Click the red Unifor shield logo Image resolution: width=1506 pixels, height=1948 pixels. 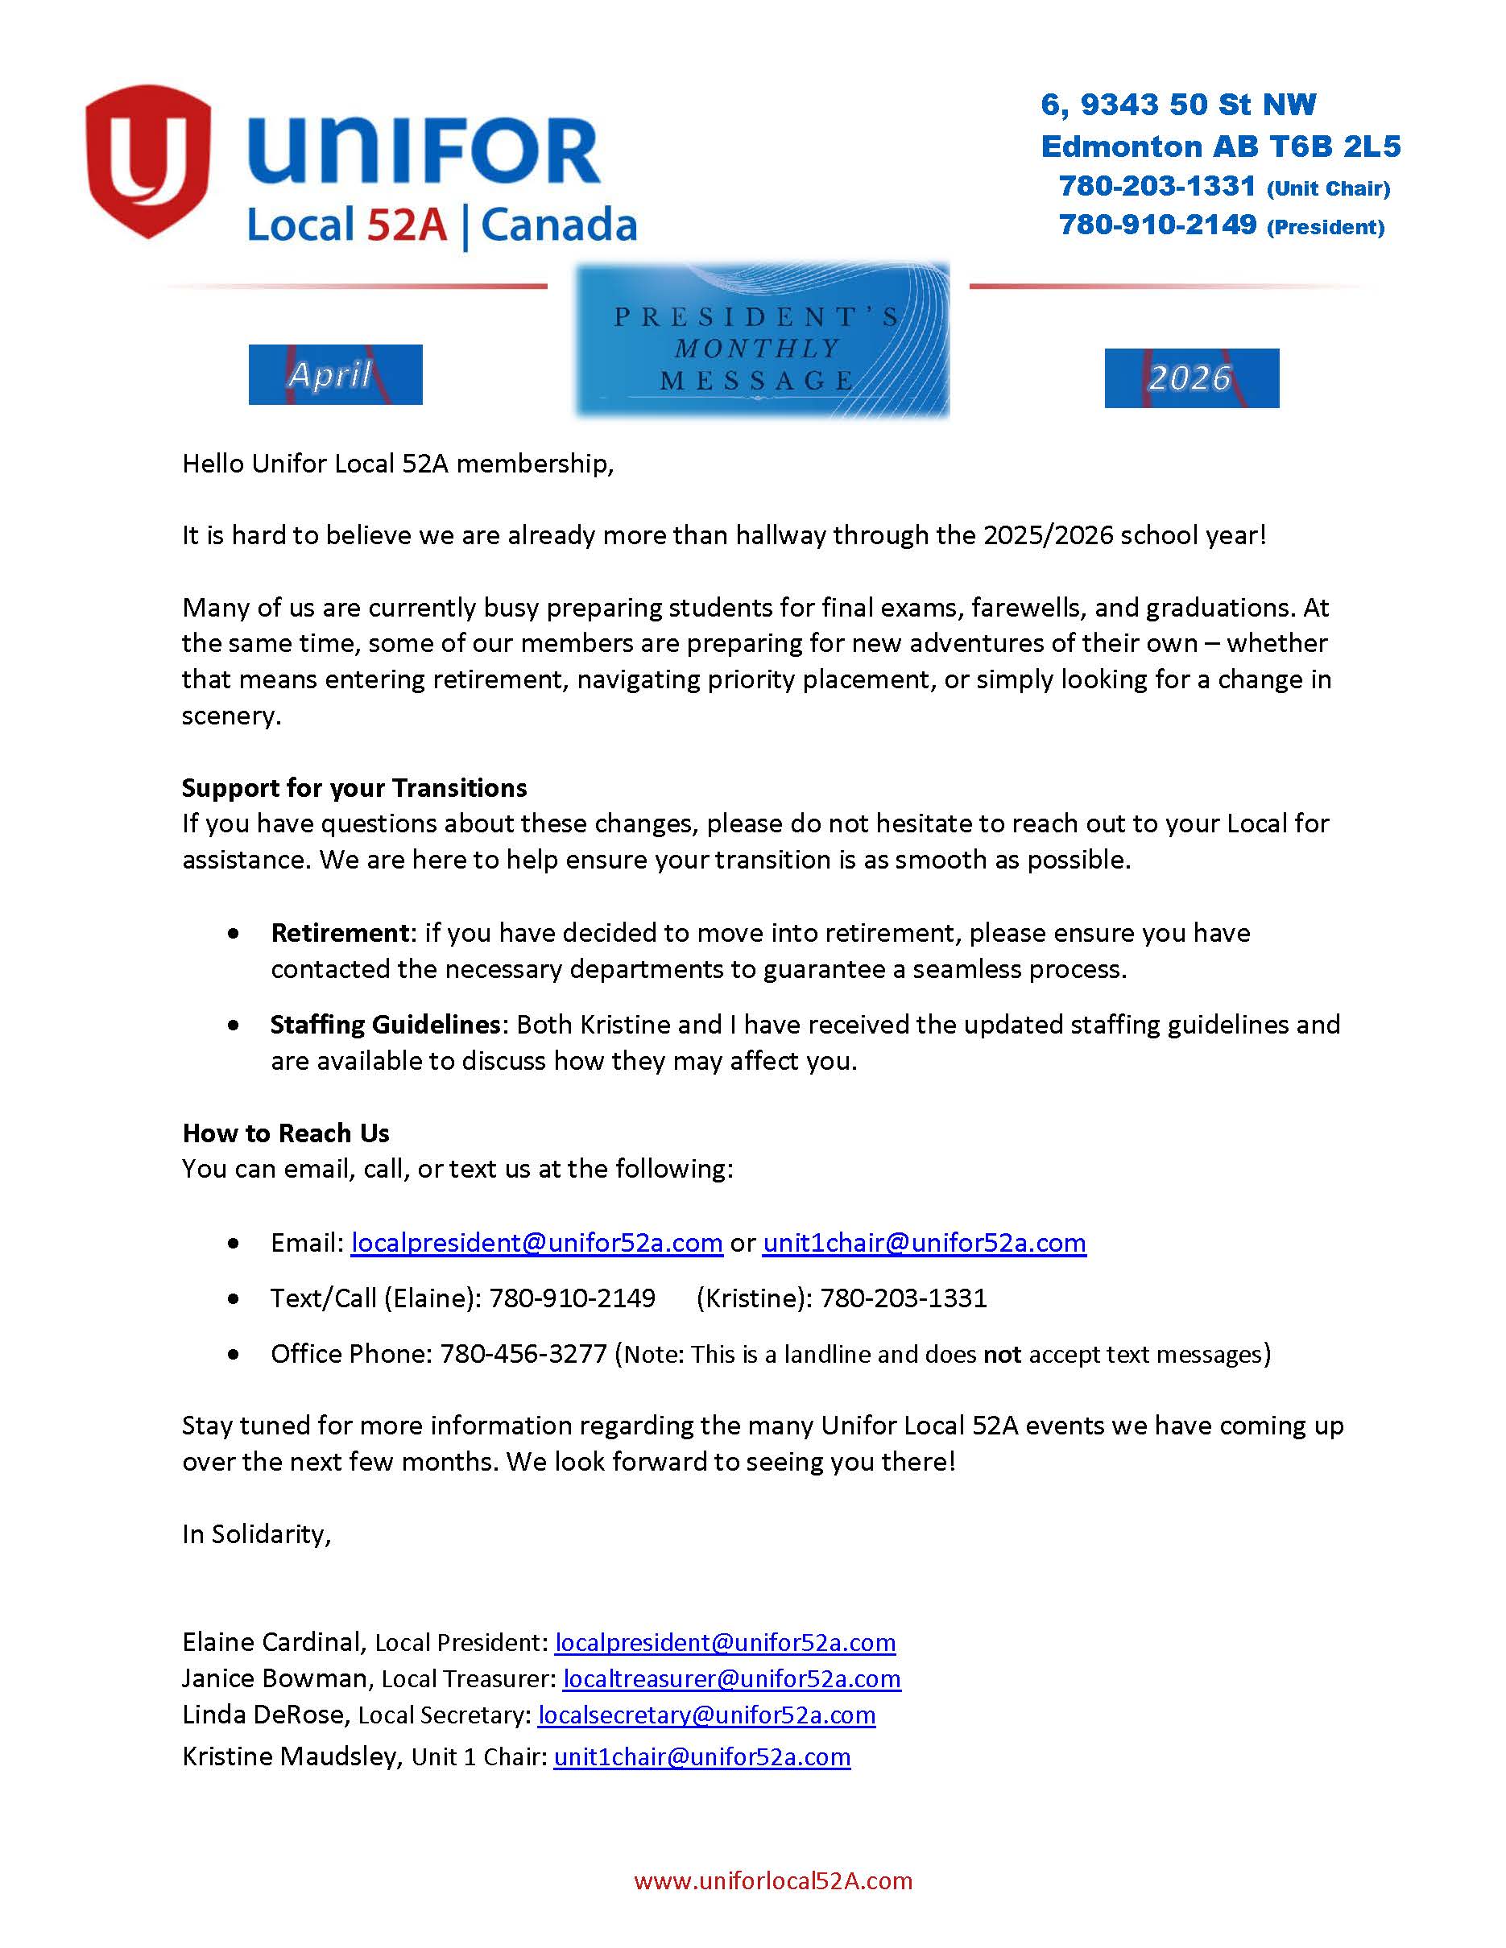coord(147,160)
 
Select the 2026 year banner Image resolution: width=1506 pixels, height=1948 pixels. coord(1191,378)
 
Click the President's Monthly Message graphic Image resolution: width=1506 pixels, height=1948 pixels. coord(761,340)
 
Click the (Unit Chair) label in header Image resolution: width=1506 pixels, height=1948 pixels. coord(1327,189)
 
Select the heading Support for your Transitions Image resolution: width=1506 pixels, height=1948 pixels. coord(354,787)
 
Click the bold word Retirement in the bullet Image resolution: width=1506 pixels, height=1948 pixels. coord(340,933)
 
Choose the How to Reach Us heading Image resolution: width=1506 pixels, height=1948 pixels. coord(286,1133)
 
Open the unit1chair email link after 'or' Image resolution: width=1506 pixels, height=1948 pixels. coord(925,1243)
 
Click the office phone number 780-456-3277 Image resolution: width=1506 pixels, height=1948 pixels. coord(523,1353)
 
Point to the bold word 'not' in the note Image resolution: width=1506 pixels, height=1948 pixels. coord(1001,1354)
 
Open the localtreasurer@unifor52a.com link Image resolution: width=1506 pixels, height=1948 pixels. coord(731,1678)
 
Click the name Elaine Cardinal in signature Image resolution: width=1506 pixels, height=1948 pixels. coord(271,1642)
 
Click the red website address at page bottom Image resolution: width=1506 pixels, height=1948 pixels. coord(772,1881)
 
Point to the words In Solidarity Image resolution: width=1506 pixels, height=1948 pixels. coord(256,1533)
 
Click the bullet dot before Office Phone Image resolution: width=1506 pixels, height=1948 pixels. coord(234,1354)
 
